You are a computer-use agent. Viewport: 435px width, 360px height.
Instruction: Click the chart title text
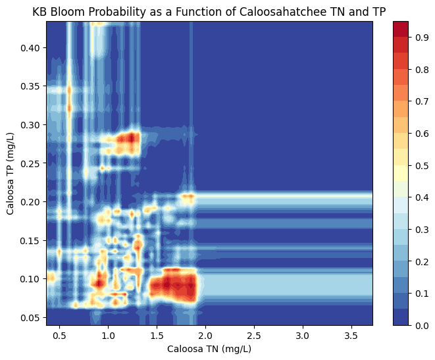(209, 11)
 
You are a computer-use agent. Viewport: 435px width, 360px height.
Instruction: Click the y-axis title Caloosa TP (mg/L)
(11, 173)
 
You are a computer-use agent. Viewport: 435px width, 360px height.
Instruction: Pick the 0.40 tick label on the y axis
(30, 48)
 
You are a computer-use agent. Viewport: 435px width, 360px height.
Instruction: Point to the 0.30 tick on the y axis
(30, 125)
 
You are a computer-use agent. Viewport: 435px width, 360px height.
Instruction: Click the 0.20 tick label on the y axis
(30, 202)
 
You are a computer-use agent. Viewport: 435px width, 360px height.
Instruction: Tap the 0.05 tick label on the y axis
(30, 317)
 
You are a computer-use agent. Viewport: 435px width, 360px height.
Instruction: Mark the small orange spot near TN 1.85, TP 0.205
(189, 197)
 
